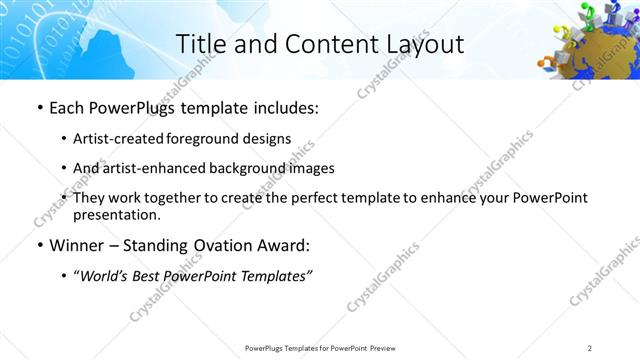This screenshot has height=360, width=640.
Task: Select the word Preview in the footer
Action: coord(388,347)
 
